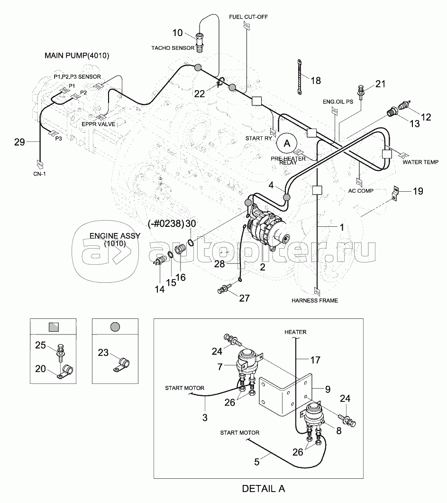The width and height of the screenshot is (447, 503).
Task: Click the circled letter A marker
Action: pyautogui.click(x=286, y=141)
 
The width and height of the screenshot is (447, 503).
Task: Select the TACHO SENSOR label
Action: pyautogui.click(x=173, y=48)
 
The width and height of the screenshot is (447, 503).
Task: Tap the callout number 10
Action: pyautogui.click(x=177, y=33)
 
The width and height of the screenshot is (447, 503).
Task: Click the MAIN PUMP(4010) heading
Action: pyautogui.click(x=77, y=56)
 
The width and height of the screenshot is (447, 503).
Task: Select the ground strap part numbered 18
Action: pyautogui.click(x=300, y=78)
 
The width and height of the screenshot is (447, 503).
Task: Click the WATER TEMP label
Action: pyautogui.click(x=420, y=162)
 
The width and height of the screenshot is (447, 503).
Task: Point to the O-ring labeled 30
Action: pyautogui.click(x=190, y=243)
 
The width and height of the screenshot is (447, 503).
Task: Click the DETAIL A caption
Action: pyautogui.click(x=264, y=488)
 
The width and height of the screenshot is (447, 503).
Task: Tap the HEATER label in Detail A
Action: pyautogui.click(x=295, y=332)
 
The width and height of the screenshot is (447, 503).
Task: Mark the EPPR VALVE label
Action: pyautogui.click(x=99, y=124)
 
